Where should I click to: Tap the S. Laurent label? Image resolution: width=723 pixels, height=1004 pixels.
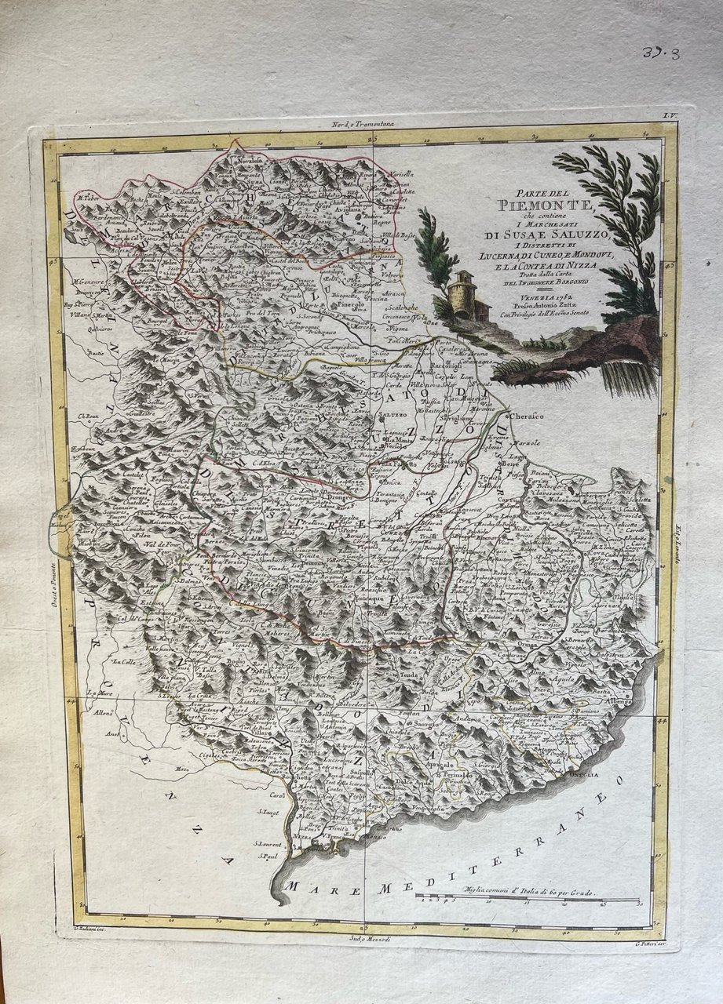pos(268,844)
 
